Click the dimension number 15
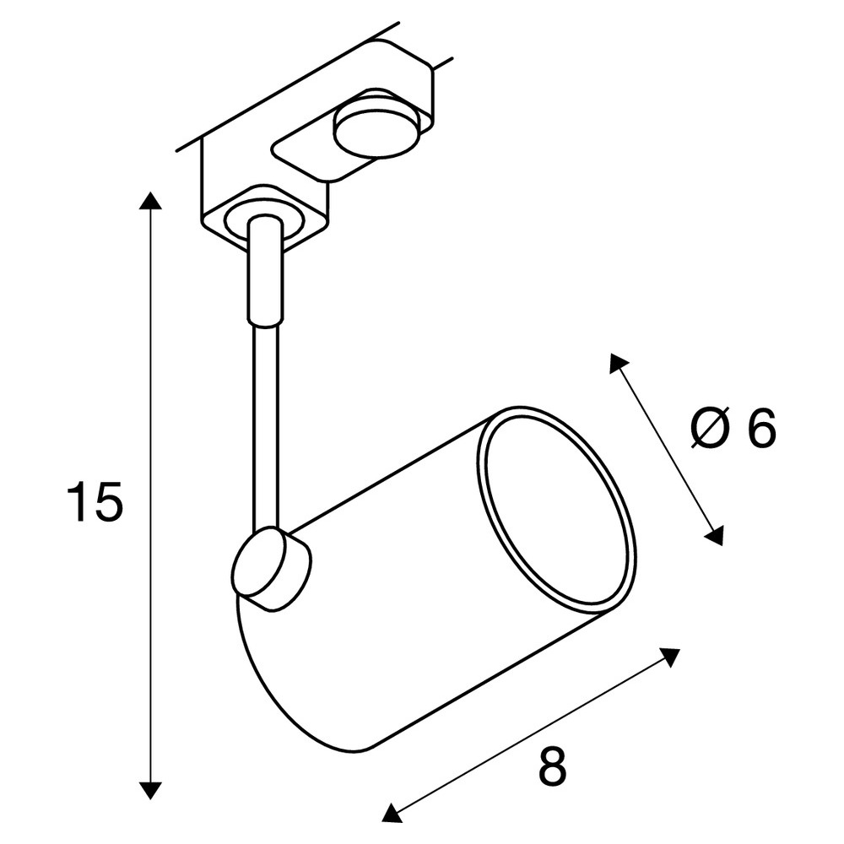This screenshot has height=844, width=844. [x=95, y=501]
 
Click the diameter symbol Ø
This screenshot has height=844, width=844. [x=711, y=428]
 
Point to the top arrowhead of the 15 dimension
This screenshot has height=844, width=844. [x=151, y=200]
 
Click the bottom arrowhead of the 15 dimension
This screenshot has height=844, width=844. [x=151, y=790]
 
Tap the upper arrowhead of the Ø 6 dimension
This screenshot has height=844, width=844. [x=619, y=363]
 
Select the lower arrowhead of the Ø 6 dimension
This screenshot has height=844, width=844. [x=714, y=536]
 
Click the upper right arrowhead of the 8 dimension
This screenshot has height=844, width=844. [x=671, y=657]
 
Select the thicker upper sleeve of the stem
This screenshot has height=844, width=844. [x=265, y=269]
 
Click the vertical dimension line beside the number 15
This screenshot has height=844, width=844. [x=151, y=495]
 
